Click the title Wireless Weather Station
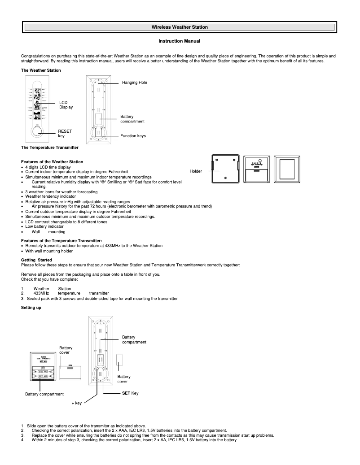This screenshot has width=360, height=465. (180, 27)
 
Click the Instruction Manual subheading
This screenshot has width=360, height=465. (179, 41)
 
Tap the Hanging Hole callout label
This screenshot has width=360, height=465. (135, 83)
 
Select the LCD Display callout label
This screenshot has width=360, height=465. (66, 105)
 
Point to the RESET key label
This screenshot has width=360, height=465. (65, 133)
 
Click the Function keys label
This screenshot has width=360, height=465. (133, 135)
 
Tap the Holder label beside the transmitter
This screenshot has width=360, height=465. (196, 171)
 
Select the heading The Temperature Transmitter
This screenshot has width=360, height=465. (50, 147)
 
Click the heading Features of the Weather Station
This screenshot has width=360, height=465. (52, 161)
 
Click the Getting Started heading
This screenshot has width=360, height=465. (37, 260)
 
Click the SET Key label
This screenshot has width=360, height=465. (131, 393)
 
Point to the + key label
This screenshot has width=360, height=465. (77, 404)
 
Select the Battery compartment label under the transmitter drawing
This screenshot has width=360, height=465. (44, 394)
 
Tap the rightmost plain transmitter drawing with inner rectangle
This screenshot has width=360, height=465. (287, 169)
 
